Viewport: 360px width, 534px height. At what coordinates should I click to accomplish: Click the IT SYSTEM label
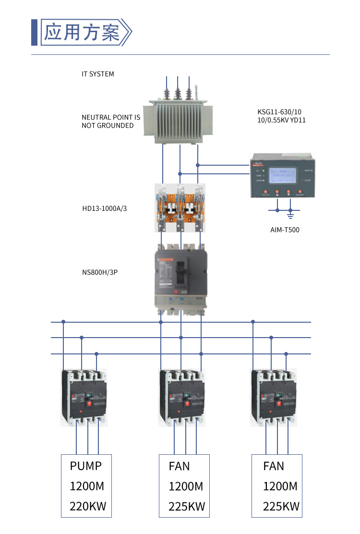(98, 74)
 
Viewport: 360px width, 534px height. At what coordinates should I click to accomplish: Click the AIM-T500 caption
(285, 230)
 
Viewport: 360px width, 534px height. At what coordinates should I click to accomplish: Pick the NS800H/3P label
(100, 272)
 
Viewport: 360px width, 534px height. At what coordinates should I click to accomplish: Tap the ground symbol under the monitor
(290, 211)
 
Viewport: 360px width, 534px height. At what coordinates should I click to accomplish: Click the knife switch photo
(180, 208)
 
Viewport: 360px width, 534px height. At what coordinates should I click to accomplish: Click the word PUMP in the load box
(86, 466)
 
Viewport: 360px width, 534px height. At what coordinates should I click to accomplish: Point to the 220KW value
(88, 506)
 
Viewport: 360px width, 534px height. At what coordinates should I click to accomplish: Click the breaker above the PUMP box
(84, 397)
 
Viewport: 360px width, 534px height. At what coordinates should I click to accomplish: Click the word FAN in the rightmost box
(274, 466)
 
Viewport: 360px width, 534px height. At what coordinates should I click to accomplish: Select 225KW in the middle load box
(187, 506)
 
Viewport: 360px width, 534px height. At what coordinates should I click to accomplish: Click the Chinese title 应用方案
(82, 33)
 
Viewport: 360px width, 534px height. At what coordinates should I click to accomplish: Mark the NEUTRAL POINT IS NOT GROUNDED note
(111, 121)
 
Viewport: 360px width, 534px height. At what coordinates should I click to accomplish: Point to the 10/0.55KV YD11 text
(281, 121)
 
